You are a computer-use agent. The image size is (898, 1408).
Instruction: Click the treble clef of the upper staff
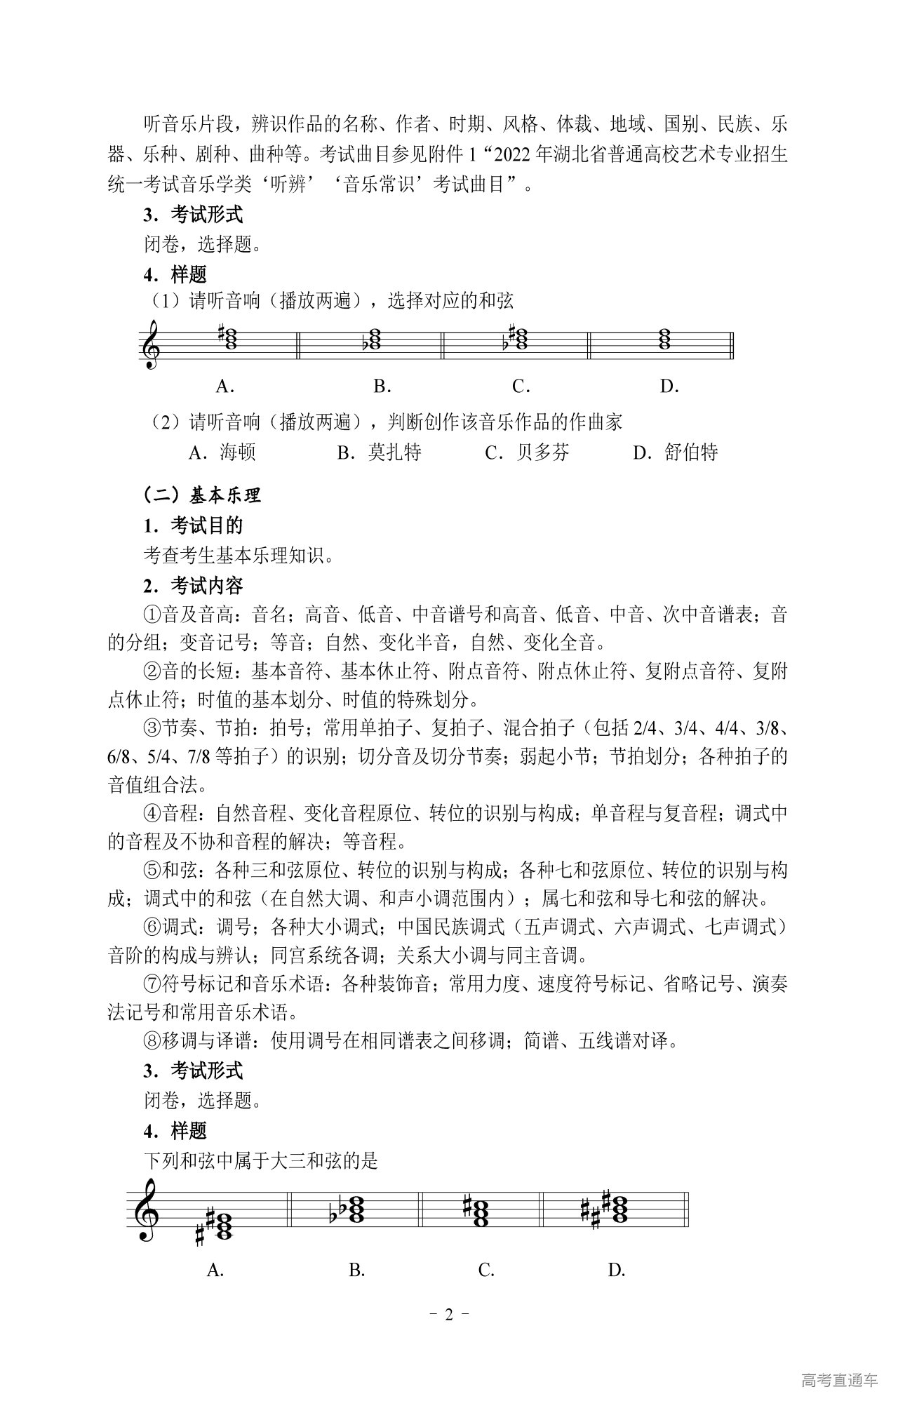(152, 344)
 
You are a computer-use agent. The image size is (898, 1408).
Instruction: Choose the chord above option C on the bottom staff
(481, 1211)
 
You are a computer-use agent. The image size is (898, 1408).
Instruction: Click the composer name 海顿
(238, 452)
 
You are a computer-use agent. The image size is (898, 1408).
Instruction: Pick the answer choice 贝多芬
(543, 452)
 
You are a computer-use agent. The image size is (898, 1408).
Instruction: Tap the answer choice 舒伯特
(691, 452)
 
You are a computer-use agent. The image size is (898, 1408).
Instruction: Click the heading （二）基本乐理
(202, 495)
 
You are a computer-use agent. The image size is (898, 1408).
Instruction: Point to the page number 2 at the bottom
(449, 1314)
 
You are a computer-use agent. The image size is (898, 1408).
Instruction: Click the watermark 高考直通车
(839, 1380)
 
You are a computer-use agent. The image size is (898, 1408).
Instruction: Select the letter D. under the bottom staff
(617, 1270)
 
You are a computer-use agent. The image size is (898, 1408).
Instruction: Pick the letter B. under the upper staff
(382, 386)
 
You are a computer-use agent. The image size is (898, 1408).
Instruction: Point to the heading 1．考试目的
(193, 525)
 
